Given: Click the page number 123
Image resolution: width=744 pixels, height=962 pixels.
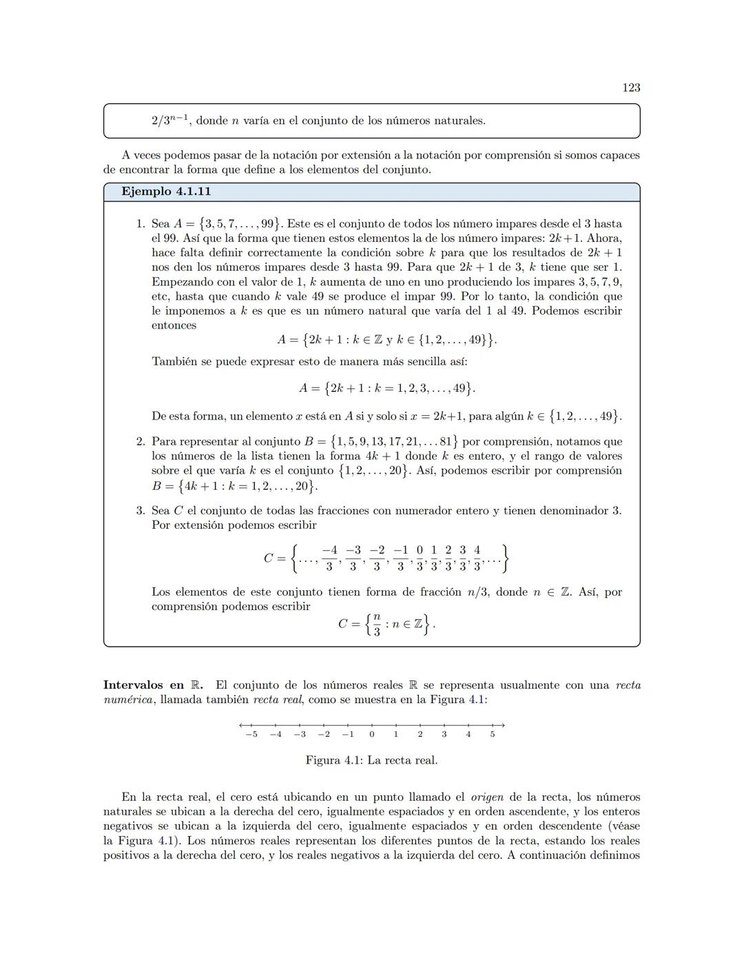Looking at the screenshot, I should [630, 87].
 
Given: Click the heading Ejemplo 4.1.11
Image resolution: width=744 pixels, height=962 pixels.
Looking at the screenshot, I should [166, 191].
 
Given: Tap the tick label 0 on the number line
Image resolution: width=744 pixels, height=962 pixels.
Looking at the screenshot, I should [372, 734].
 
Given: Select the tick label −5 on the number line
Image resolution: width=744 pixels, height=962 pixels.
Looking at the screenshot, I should [251, 734].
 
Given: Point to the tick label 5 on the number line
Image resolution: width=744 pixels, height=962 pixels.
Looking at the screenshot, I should [493, 734].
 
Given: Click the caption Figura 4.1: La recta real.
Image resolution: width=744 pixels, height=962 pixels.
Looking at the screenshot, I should [371, 760].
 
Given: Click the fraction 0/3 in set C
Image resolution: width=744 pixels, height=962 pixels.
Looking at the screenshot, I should [420, 558].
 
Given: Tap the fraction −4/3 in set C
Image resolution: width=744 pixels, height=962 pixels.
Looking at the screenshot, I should [330, 558].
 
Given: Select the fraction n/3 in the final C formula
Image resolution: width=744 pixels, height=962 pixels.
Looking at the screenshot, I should [376, 625].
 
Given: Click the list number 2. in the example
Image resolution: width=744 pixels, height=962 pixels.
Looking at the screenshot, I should [141, 441].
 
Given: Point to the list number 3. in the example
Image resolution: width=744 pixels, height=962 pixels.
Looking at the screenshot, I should [141, 510].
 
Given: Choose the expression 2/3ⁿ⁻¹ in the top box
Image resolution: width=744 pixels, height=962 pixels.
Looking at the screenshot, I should [171, 121].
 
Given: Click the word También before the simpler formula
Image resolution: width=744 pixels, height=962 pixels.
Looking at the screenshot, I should [174, 362].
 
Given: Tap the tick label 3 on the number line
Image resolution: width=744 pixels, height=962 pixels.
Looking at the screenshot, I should [444, 734].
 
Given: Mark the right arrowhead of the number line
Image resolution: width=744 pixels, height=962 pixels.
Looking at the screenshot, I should [504, 724].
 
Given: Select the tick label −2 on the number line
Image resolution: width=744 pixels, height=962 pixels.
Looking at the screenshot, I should [323, 734].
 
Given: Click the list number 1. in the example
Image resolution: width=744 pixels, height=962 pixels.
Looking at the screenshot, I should [141, 224].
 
